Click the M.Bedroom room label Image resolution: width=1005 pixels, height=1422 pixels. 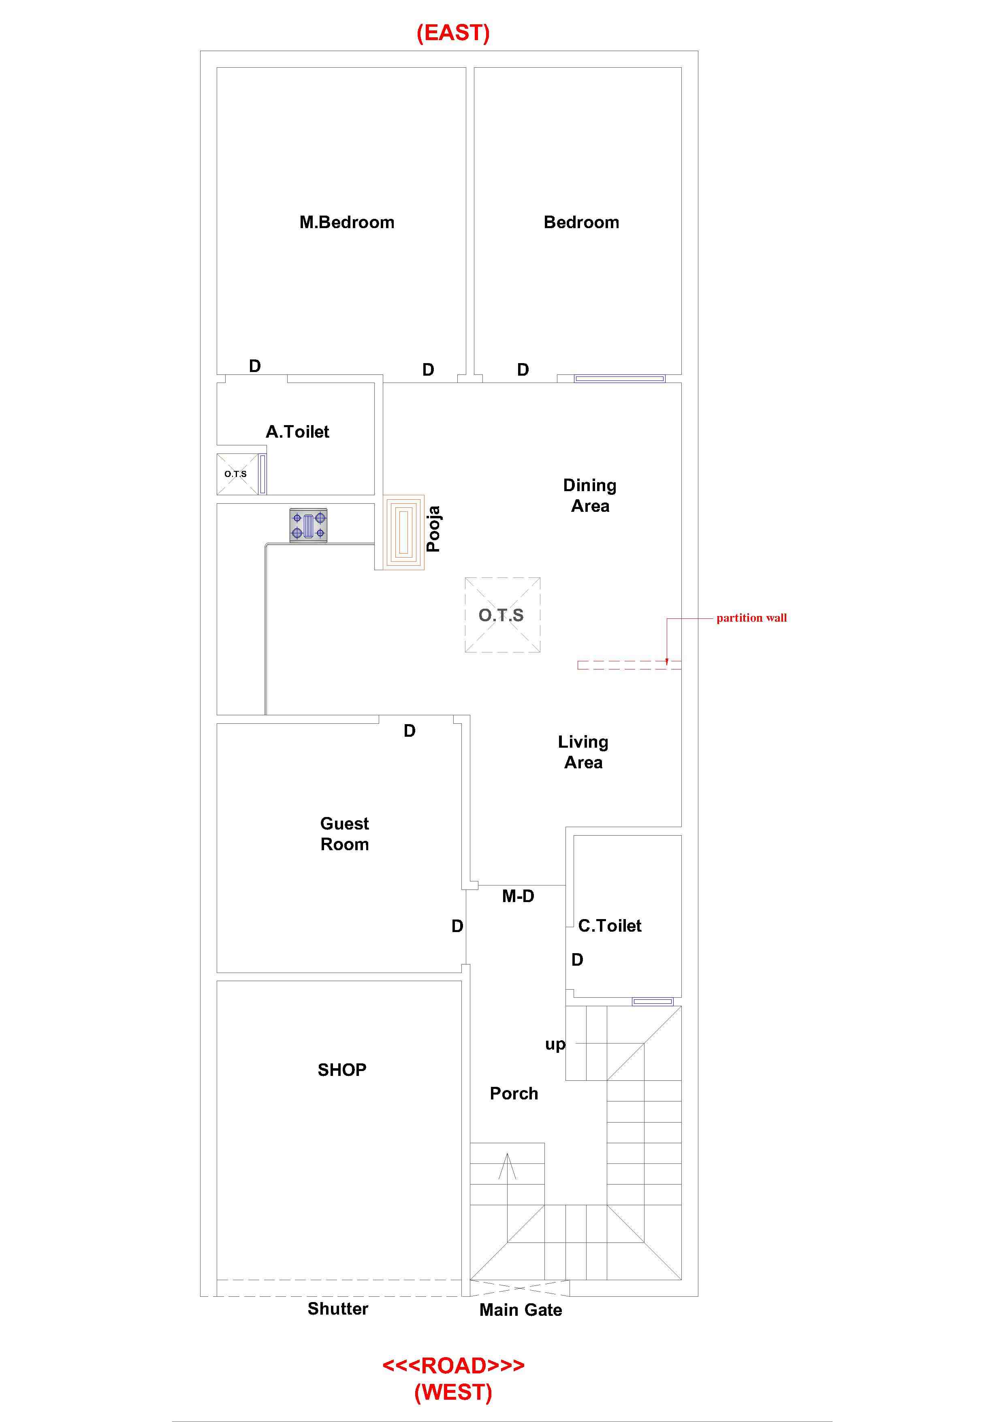pos(347,222)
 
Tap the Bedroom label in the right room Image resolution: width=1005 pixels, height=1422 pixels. pos(581,222)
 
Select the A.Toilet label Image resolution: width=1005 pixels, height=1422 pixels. pos(297,432)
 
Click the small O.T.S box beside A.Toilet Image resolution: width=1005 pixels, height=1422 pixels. pos(237,474)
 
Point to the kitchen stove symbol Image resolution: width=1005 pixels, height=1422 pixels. pos(308,526)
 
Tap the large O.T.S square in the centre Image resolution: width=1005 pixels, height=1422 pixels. pos(502,615)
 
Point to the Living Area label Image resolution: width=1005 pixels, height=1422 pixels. pos(583,752)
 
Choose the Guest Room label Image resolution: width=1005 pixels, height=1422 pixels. pos(344,834)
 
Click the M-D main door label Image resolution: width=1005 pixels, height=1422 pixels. pos(518,896)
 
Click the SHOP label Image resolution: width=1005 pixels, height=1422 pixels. pos(342,1069)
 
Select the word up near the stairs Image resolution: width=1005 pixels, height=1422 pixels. pos(555,1044)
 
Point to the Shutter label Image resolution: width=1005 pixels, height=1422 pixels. pos(338,1309)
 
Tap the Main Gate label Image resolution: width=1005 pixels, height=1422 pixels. pos(521,1310)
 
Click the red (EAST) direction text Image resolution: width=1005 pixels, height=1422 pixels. pos(453,32)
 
